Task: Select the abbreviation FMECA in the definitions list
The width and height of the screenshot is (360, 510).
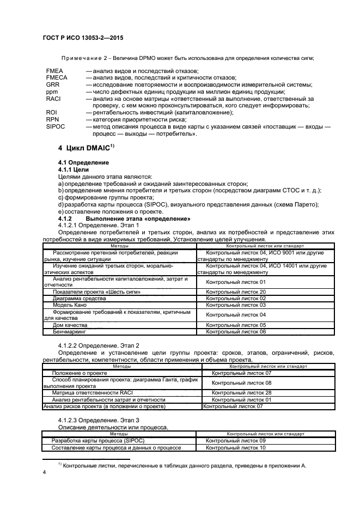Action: coord(57,78)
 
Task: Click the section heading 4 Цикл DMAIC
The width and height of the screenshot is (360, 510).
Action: coord(86,148)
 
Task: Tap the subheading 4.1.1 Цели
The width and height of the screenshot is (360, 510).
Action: coord(74,170)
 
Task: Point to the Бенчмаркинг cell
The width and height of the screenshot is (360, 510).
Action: coord(70,331)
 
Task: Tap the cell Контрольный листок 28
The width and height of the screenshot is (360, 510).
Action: coord(241,392)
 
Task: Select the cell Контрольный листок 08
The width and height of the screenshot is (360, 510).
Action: coord(241,382)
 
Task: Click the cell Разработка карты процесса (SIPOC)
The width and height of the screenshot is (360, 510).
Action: coord(89,440)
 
